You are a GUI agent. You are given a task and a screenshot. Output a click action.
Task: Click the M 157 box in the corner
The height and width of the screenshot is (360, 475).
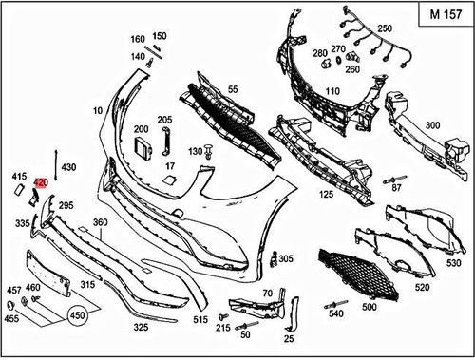[442, 15]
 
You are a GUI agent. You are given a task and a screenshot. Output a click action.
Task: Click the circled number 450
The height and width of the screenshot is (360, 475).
[76, 315]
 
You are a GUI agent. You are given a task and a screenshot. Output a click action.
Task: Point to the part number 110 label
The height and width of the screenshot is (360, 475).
[332, 91]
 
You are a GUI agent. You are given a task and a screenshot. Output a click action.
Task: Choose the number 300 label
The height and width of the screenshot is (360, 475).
[432, 125]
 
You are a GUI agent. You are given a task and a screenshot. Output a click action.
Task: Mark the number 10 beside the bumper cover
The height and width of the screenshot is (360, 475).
[97, 110]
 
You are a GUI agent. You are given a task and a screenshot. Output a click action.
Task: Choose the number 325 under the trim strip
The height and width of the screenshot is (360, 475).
[140, 327]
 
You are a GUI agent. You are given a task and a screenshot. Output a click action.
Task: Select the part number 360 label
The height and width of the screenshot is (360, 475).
[100, 222]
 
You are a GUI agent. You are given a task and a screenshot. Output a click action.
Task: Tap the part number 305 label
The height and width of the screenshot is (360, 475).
[286, 258]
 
